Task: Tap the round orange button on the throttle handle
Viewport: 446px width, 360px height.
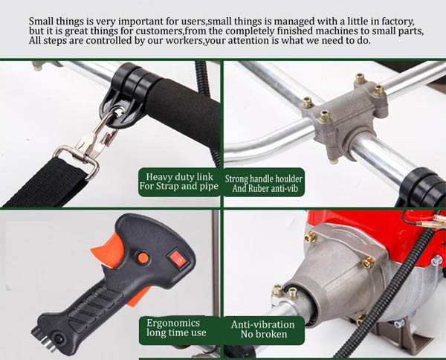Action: tap(143, 258)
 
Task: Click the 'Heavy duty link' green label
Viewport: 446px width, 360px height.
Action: tap(179, 181)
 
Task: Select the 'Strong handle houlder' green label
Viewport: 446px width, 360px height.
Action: tap(264, 183)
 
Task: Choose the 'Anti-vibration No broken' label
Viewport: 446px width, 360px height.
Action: tap(264, 330)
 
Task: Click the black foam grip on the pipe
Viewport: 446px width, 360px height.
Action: tap(185, 114)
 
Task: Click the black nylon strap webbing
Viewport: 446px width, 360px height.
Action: tap(45, 182)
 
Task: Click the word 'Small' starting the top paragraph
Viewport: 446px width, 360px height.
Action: tap(41, 22)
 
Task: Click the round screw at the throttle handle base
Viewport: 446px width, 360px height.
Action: tap(59, 338)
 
